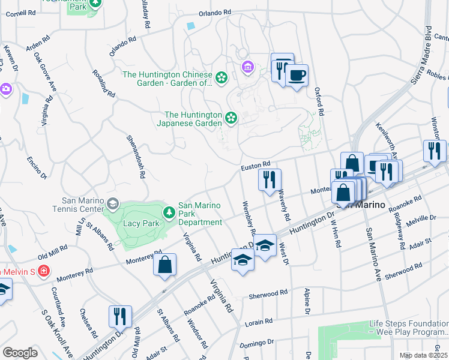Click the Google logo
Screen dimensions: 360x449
coord(20,352)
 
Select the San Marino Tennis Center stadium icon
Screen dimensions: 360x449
coord(112,205)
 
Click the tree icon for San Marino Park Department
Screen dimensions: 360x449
coord(169,212)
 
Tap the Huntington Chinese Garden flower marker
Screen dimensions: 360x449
coord(221,77)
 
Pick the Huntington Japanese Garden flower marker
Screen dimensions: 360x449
coord(231,117)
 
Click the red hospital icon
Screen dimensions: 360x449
coord(43,272)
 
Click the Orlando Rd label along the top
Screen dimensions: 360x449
coord(214,12)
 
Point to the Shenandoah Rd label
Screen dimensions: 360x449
coord(136,155)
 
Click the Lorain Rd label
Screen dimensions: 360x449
coord(259,323)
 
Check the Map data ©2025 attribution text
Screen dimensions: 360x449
coord(423,355)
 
